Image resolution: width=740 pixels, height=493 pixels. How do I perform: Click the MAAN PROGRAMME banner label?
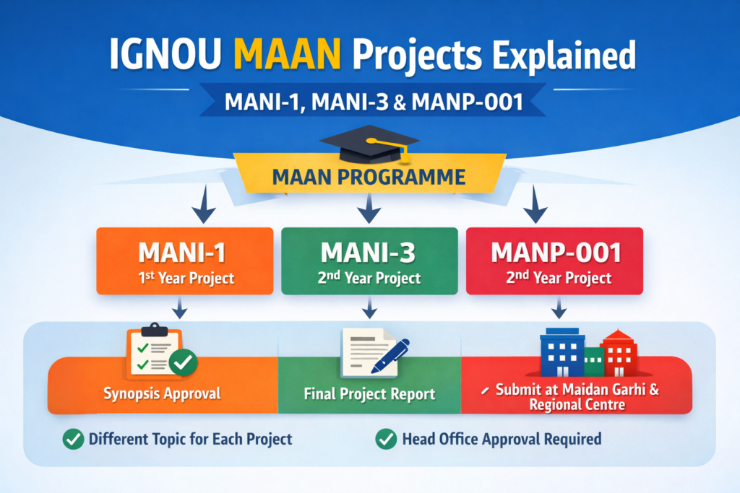[x=369, y=175]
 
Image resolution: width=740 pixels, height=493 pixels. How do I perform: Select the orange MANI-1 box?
[x=185, y=261]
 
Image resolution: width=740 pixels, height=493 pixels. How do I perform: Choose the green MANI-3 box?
[x=369, y=261]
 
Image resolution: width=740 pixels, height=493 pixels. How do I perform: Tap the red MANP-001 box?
[x=554, y=261]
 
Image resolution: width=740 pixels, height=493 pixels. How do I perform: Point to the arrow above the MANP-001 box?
[x=535, y=209]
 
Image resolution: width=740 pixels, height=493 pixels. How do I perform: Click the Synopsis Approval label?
[x=163, y=394]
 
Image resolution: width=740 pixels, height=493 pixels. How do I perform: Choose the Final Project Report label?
[x=369, y=394]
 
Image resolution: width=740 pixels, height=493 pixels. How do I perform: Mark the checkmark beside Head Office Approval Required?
[x=386, y=438]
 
